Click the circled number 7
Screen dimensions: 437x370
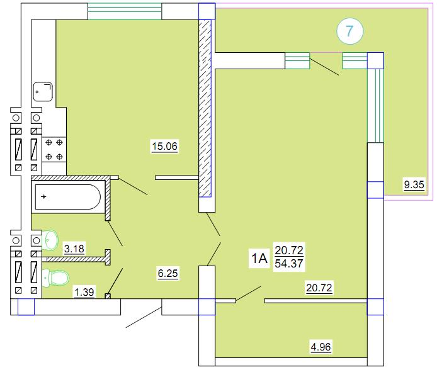tap(349, 31)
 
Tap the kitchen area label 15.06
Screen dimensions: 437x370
tap(165, 146)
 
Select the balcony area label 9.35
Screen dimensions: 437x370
tap(414, 184)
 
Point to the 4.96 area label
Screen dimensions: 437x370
tap(321, 347)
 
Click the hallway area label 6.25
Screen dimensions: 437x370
tap(167, 273)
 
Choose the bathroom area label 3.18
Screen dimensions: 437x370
tap(74, 249)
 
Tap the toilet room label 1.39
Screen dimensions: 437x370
tap(84, 292)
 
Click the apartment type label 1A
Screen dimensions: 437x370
tap(259, 259)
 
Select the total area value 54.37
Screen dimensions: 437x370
tap(289, 264)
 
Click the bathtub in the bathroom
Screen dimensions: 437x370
tap(68, 197)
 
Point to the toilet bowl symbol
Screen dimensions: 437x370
tap(56, 278)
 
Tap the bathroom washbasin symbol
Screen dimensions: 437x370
tap(50, 239)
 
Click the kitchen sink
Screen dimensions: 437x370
tap(43, 91)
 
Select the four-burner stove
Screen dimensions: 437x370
tap(54, 150)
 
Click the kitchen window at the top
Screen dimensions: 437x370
tap(125, 11)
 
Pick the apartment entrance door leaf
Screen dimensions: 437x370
tap(144, 317)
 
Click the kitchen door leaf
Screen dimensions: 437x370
tap(133, 186)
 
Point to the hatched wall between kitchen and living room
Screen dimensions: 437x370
tap(205, 108)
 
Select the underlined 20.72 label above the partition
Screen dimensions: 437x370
tap(319, 288)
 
